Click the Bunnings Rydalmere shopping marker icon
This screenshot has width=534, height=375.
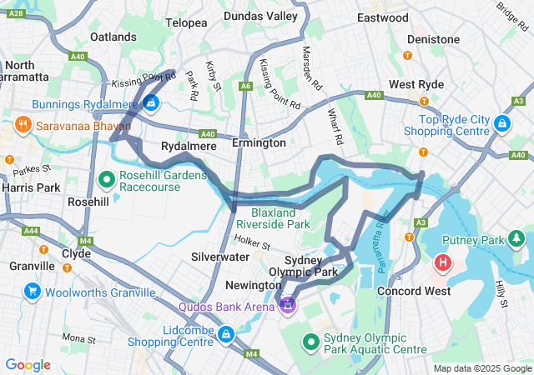[x=151, y=103]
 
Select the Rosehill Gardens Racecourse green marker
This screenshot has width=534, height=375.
[x=108, y=178]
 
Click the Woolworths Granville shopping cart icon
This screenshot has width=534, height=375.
[x=33, y=292]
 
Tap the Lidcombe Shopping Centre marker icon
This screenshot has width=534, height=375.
[x=224, y=334]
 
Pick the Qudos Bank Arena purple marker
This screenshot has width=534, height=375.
[x=288, y=305]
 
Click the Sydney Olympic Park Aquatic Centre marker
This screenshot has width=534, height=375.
[x=310, y=342]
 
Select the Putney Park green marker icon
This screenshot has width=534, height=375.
[x=518, y=240]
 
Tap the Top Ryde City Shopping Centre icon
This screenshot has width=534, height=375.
[x=501, y=123]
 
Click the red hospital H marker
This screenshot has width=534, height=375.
[x=442, y=265]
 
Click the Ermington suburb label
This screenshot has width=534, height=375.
[x=259, y=143]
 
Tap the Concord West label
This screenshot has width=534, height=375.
[x=414, y=291]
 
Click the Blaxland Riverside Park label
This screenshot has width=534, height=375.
[x=273, y=217]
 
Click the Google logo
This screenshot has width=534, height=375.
[x=28, y=365]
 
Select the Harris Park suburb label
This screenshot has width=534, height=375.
[x=30, y=187]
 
